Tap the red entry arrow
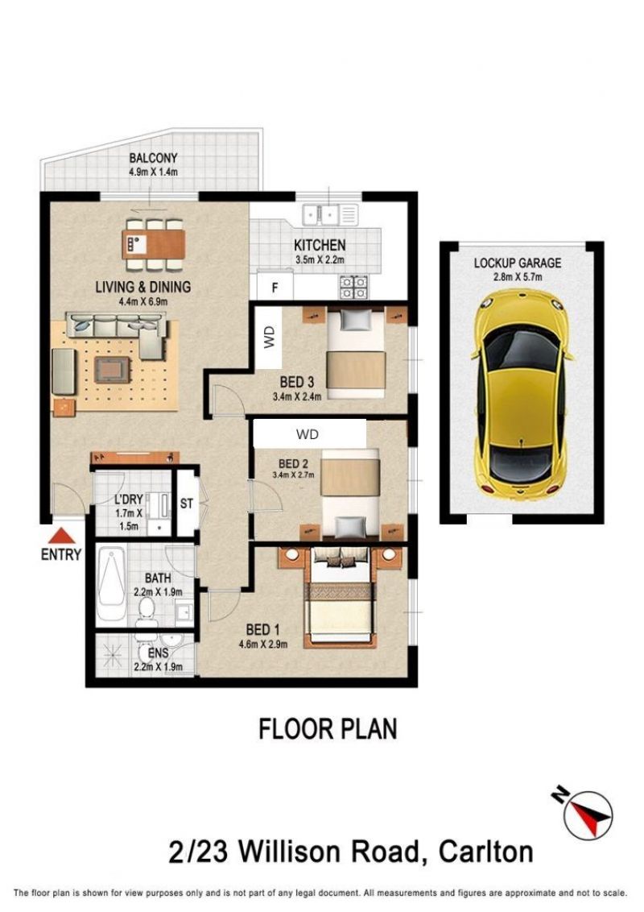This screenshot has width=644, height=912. click(x=60, y=537)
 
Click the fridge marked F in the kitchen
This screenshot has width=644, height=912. click(x=275, y=287)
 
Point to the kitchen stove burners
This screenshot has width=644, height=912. click(x=353, y=285)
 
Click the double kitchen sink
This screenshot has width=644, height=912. click(x=329, y=215)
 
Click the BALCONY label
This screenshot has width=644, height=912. click(x=153, y=158)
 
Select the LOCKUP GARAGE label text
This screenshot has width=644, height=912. click(x=518, y=263)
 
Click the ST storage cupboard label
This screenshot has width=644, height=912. click(x=186, y=503)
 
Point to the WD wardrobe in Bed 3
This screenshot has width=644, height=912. click(x=268, y=338)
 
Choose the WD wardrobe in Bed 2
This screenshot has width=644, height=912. click(x=308, y=434)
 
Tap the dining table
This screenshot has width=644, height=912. click(x=154, y=243)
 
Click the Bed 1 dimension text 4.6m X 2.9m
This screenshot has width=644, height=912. click(x=262, y=644)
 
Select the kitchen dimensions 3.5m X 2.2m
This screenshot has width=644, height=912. click(x=320, y=260)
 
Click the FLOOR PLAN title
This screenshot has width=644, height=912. click(x=328, y=729)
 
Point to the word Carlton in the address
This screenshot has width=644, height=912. click(x=486, y=852)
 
